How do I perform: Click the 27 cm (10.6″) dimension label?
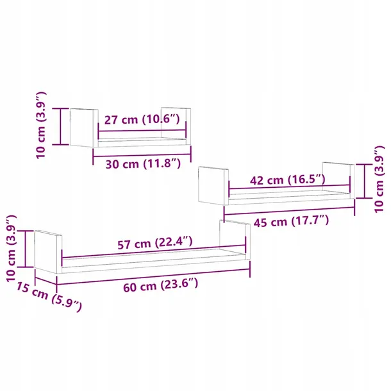click(x=142, y=119)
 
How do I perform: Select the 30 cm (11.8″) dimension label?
click(x=143, y=164)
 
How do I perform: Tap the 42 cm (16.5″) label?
click(x=288, y=179)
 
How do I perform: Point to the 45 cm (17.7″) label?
click(x=291, y=221)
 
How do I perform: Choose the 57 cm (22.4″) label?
click(x=155, y=243)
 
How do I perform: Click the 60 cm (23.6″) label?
click(x=161, y=285)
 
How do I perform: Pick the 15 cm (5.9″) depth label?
click(x=49, y=297)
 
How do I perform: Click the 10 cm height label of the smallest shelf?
click(x=41, y=125)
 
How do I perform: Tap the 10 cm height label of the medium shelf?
click(x=379, y=179)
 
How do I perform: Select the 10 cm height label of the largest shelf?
click(x=12, y=249)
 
